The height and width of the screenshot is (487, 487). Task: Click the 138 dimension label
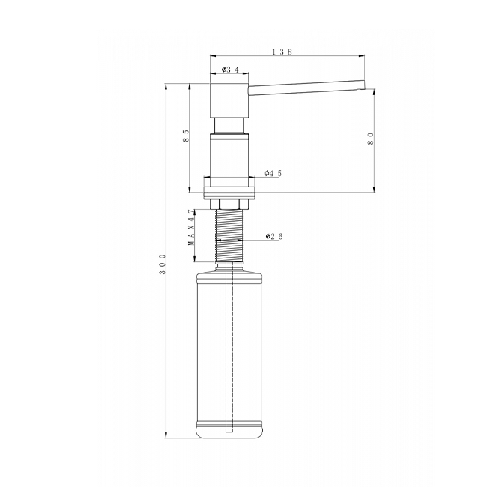(282, 52)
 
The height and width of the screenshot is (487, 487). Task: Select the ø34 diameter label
(230, 70)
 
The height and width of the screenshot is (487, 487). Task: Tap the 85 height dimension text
(186, 136)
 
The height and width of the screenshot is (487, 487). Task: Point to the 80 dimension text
(371, 139)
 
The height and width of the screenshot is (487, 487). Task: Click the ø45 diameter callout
(273, 173)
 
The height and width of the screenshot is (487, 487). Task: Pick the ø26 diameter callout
(274, 237)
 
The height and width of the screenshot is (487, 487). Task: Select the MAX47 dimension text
(193, 228)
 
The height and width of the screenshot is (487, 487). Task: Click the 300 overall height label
(162, 264)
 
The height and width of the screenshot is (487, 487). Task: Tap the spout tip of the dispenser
(363, 85)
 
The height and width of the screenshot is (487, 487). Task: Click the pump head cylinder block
(229, 100)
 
